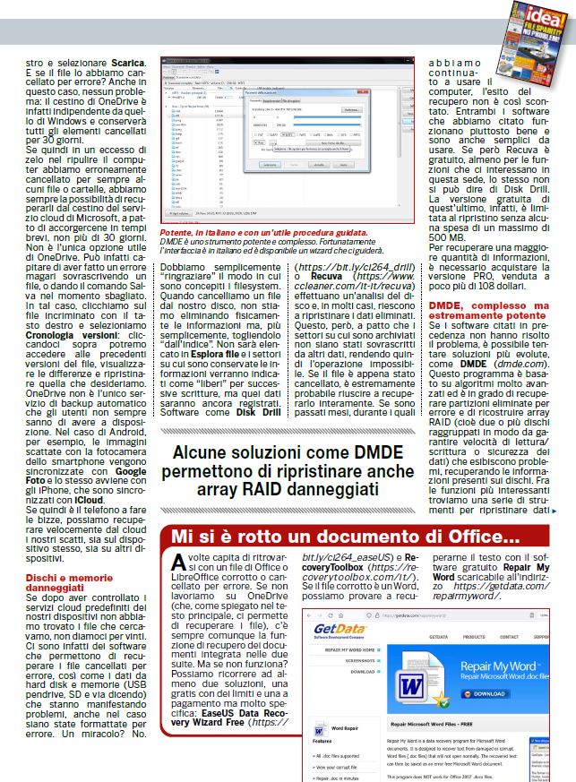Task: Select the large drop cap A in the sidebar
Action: pos(178,565)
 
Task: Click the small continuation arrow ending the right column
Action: pos(555,511)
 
